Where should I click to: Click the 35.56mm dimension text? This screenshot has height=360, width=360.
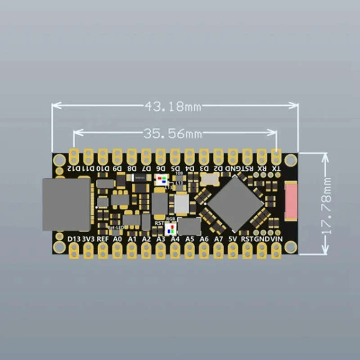click(x=173, y=133)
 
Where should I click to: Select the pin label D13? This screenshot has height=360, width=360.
click(x=74, y=239)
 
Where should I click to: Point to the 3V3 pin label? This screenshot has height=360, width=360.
click(x=88, y=239)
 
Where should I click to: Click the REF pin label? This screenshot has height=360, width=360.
click(x=103, y=239)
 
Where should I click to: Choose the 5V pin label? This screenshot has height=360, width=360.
click(x=233, y=239)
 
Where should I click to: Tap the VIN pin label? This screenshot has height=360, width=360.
click(x=276, y=239)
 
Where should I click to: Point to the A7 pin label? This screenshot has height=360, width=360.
click(x=219, y=239)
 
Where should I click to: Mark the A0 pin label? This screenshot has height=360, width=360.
click(x=117, y=239)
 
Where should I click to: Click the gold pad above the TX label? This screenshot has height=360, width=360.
click(x=277, y=156)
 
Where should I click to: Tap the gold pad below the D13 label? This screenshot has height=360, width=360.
click(x=74, y=251)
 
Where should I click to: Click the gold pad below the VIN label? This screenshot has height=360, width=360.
click(x=276, y=251)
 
